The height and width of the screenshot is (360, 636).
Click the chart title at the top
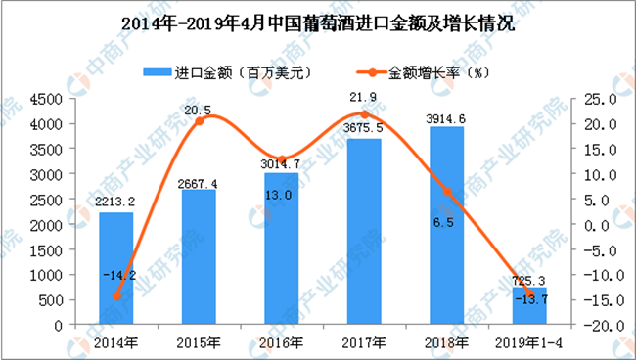[x=318, y=23]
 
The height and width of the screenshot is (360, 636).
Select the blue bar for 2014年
[x=116, y=268]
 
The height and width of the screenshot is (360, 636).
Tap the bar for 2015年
[x=199, y=256]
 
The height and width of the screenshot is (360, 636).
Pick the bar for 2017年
[x=364, y=232]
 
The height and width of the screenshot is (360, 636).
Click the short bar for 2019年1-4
[x=529, y=305]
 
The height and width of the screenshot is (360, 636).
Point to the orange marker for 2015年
[x=200, y=120]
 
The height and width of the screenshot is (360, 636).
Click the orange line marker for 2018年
[x=447, y=192]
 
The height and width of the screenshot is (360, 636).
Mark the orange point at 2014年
[x=116, y=296]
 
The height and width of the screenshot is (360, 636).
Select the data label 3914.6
[x=445, y=119]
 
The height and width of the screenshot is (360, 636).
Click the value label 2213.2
[x=115, y=202]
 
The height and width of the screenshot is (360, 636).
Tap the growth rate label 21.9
[x=364, y=97]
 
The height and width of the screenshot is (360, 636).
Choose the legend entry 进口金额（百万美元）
[x=228, y=73]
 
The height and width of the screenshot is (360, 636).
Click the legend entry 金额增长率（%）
[x=423, y=73]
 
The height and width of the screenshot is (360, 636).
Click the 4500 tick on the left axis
[x=46, y=100]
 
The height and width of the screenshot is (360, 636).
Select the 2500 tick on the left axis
[x=46, y=200]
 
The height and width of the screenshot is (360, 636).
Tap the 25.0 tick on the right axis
[x=600, y=100]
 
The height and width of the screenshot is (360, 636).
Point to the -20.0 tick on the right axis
[x=600, y=326]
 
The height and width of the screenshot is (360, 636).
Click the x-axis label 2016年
[x=281, y=343]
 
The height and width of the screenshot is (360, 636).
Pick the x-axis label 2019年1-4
[x=529, y=343]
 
